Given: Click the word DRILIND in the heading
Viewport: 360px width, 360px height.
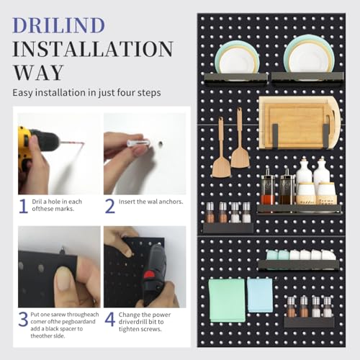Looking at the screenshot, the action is click(x=59, y=25).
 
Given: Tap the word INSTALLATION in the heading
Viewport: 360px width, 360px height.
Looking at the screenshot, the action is click(x=93, y=49).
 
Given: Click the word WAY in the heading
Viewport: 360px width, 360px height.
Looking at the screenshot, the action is click(x=38, y=73).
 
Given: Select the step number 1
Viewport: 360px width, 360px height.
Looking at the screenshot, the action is click(x=23, y=206).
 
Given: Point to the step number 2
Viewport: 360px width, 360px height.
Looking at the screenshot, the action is click(x=110, y=206).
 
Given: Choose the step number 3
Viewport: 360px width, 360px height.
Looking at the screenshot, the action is click(x=23, y=319).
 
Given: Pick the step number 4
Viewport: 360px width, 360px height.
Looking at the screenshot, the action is click(x=110, y=319).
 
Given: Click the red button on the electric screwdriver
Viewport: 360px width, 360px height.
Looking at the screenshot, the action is click(x=149, y=275).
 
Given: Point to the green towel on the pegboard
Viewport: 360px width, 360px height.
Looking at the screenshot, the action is click(x=227, y=300).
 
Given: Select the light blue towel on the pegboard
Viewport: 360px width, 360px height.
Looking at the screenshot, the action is click(x=260, y=295).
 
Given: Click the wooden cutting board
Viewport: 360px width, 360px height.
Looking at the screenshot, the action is click(x=299, y=122).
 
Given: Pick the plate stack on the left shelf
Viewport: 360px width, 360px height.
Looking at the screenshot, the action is click(x=237, y=58).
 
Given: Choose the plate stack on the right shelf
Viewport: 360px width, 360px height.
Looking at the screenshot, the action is click(x=308, y=54).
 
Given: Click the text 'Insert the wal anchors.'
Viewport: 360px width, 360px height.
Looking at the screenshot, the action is click(x=150, y=202).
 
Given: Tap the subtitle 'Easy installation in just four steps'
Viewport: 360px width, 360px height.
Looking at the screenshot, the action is click(x=86, y=93).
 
